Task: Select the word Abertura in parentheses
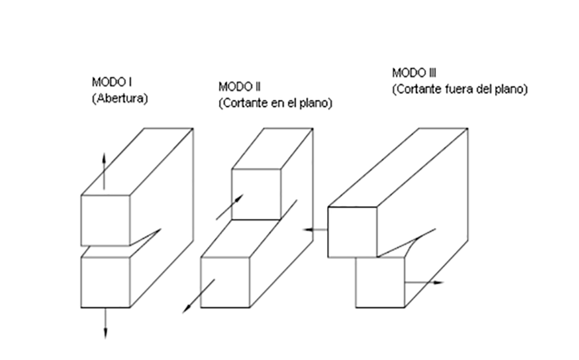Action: (120, 98)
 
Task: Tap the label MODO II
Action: (239, 87)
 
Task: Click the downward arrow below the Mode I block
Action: (105, 324)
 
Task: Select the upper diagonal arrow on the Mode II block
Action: (229, 206)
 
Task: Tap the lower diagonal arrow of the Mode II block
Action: (198, 296)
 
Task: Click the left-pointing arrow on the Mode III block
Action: (315, 230)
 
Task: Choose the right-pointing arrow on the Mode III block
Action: (424, 283)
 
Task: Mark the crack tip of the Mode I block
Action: (160, 229)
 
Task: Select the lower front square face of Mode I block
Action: (105, 283)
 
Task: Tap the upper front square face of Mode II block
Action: (256, 194)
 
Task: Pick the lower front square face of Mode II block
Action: (225, 283)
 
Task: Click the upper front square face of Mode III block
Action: (352, 232)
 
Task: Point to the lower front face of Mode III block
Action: (380, 283)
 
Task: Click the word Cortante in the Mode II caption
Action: (245, 104)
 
